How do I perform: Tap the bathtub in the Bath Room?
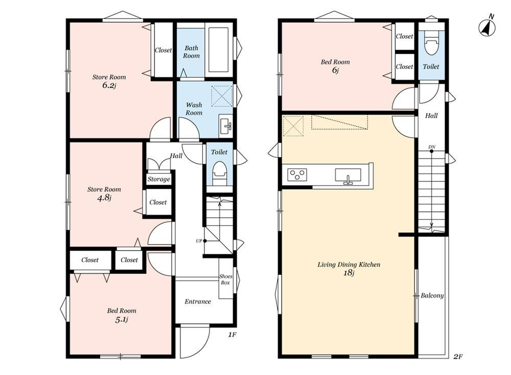(219, 50)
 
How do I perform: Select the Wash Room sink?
(226, 124)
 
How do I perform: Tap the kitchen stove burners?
(297, 174)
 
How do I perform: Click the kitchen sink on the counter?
(348, 175)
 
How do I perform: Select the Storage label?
(159, 179)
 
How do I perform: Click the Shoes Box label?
(225, 279)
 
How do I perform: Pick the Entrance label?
(198, 301)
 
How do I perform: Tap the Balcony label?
(432, 296)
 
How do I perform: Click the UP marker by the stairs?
(199, 241)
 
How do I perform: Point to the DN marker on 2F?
(432, 147)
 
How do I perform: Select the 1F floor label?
(231, 335)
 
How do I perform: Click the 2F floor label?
(458, 357)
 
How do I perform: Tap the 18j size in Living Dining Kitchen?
(349, 273)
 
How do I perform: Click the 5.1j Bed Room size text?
(121, 320)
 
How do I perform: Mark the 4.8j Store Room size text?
(104, 198)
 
